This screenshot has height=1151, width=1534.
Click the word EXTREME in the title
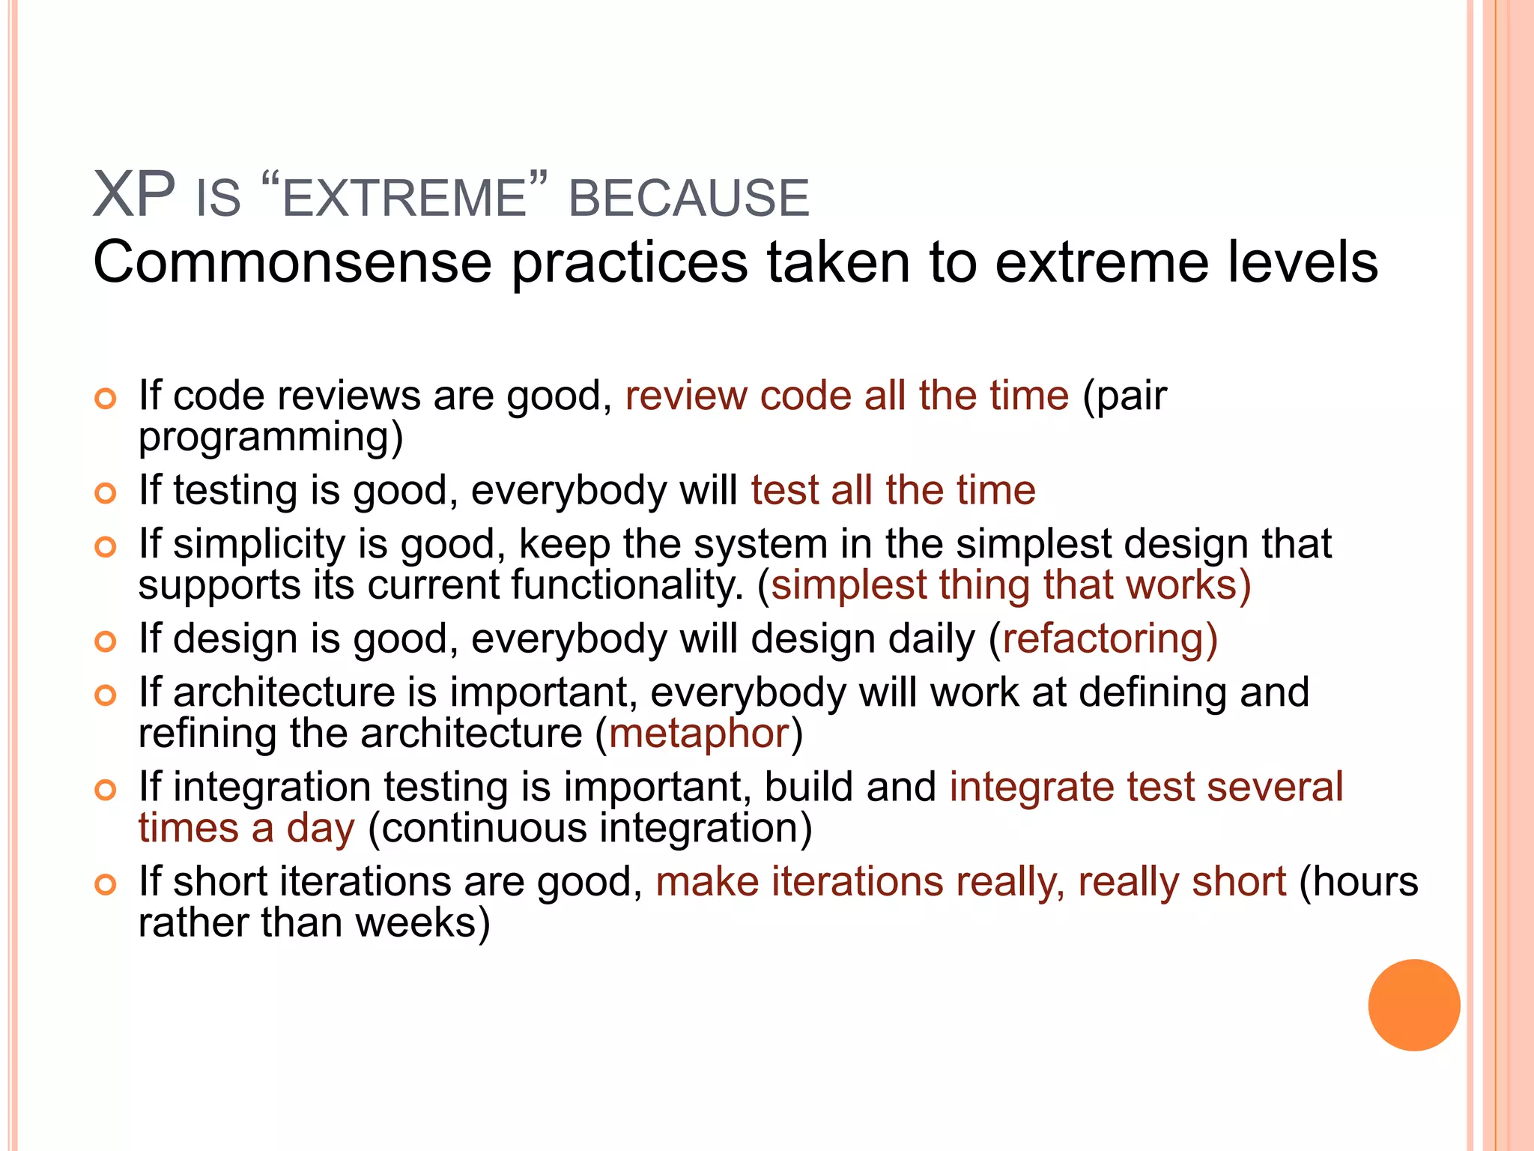[404, 199]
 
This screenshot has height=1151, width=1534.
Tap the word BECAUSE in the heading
[688, 199]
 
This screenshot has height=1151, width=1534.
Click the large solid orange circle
[1413, 1005]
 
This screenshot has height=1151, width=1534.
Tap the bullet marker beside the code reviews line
[106, 398]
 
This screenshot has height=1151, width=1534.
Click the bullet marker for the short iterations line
[106, 884]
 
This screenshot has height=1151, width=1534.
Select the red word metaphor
[699, 734]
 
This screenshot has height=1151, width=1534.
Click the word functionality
[626, 585]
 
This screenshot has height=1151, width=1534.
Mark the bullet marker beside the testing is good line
[106, 493]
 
